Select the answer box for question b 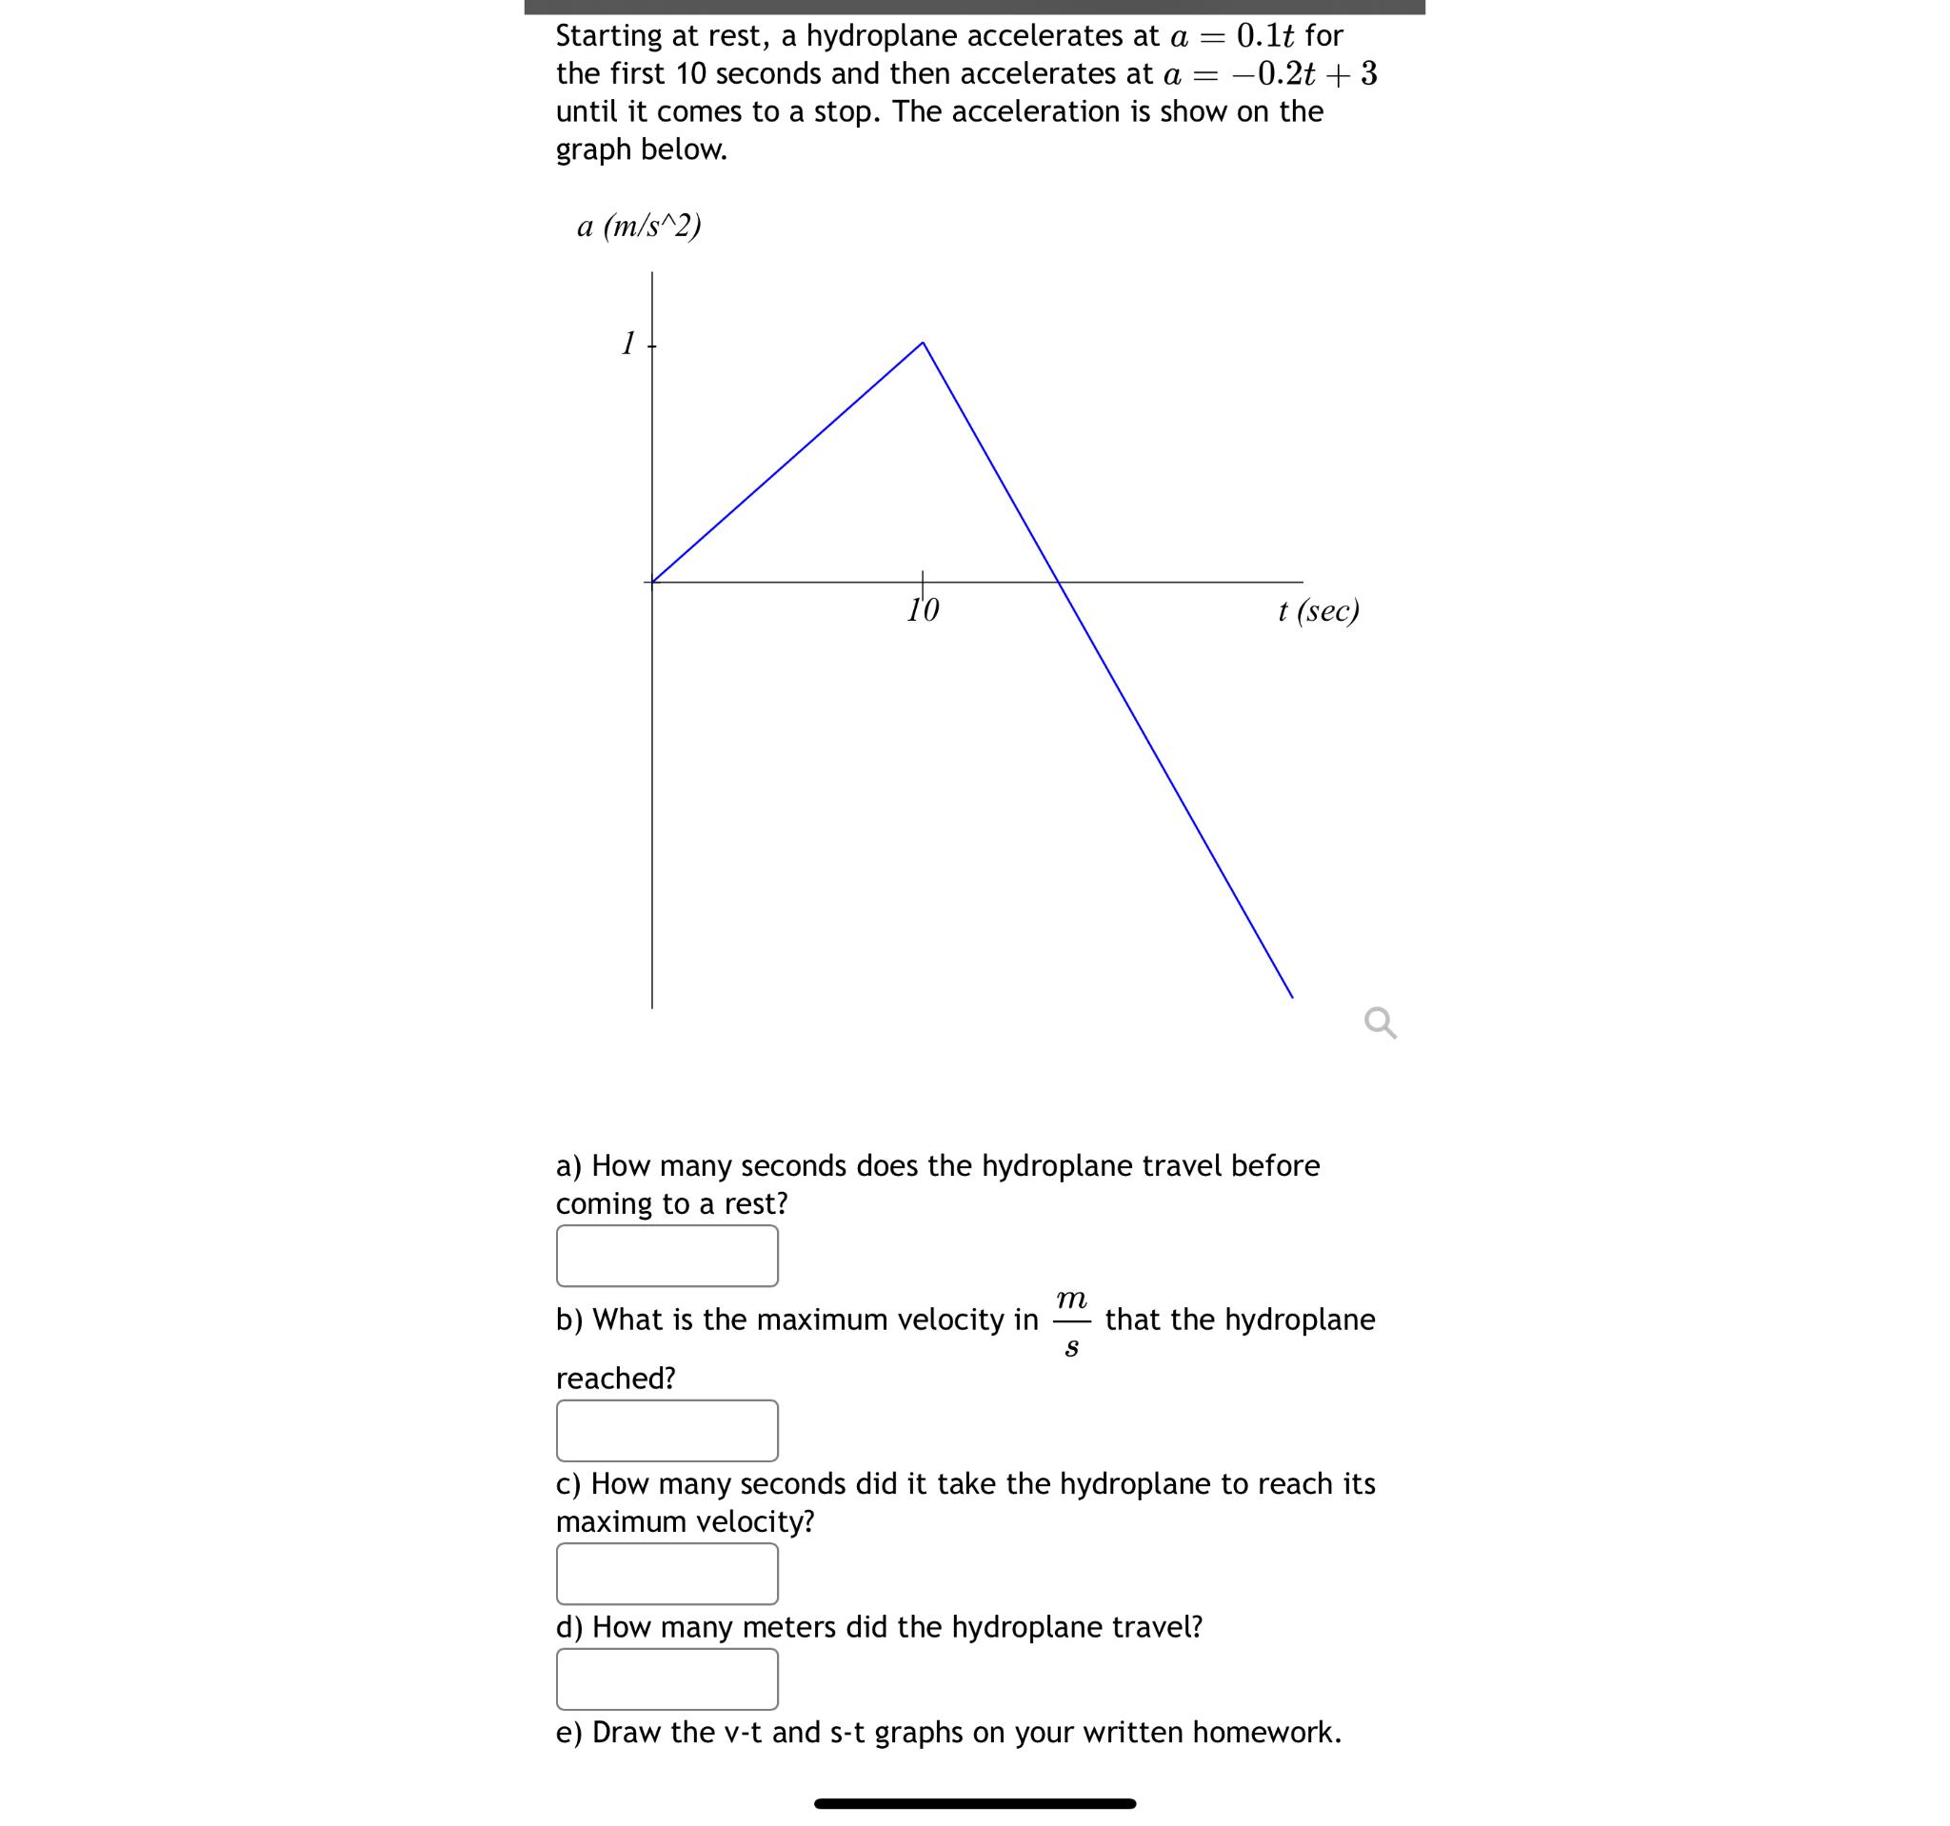667,1430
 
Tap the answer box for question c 667,1574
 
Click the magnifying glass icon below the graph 1380,1022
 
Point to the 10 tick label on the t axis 923,611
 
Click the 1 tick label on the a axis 627,344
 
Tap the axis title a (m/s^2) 639,227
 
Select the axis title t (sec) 1319,611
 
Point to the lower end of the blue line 1292,997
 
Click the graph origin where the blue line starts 652,582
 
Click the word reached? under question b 616,1378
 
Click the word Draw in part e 627,1732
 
